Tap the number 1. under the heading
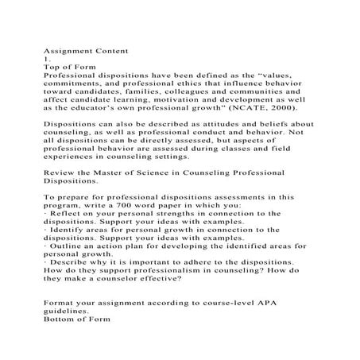coord(46,58)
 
